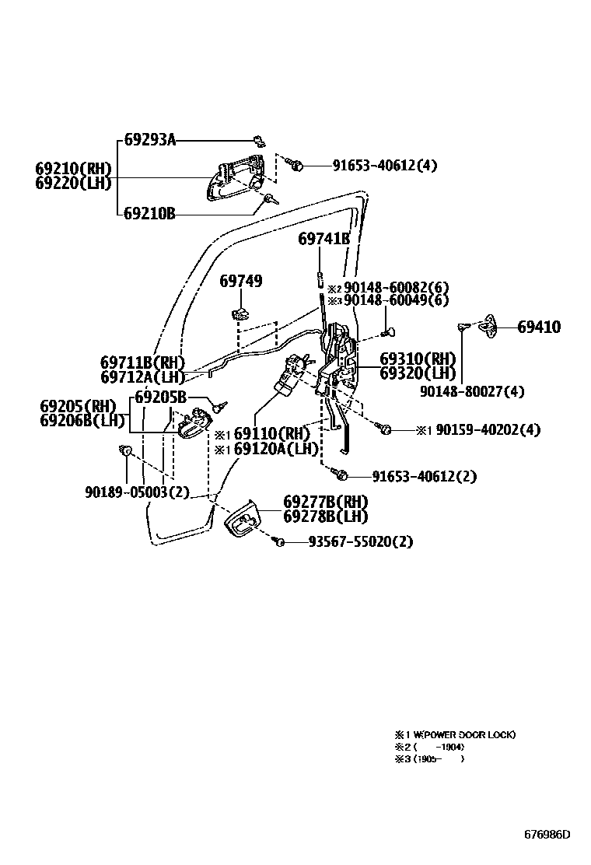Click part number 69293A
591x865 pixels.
coord(150,140)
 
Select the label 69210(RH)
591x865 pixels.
coord(73,169)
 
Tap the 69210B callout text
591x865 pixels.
coord(149,212)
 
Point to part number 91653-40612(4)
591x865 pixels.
coord(385,165)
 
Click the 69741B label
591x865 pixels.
coord(323,239)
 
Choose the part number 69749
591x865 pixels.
coord(240,281)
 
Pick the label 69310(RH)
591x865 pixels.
coord(418,359)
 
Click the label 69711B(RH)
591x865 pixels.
coord(142,362)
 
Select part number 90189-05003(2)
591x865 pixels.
coord(137,492)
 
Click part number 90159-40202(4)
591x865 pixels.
coord(488,429)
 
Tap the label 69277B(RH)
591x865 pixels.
coord(325,502)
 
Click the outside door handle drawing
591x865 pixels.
coord(233,178)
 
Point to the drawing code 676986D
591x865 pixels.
coord(547,835)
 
